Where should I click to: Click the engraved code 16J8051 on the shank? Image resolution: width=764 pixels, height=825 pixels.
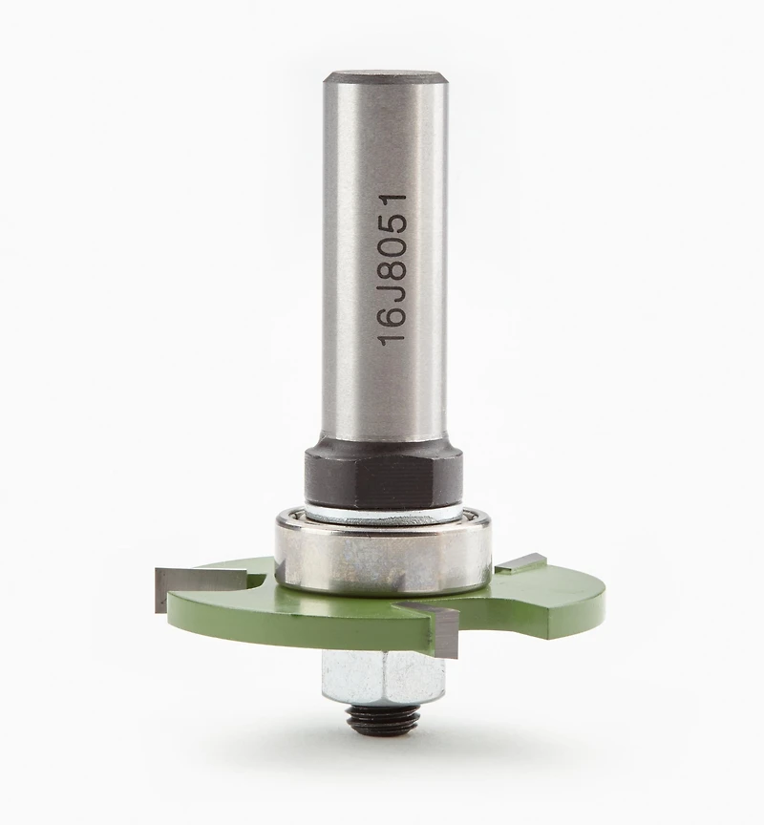pos(393,270)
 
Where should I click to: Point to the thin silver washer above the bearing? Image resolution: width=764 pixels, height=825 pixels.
pos(383,512)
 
